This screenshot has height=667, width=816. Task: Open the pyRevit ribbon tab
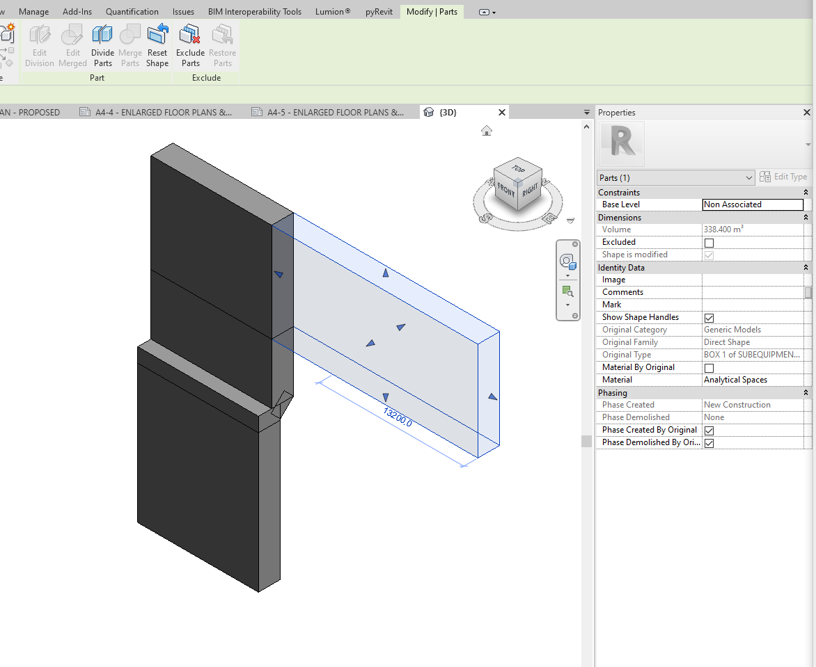pos(379,12)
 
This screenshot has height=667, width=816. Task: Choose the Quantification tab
pos(132,12)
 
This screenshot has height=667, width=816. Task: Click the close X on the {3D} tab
pos(502,112)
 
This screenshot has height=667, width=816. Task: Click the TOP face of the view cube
pos(518,169)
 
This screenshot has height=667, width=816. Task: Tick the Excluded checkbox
pos(709,243)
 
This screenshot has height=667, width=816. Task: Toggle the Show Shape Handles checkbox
pos(709,318)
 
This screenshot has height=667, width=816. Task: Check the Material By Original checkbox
pos(709,368)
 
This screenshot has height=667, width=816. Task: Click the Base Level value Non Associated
pos(752,204)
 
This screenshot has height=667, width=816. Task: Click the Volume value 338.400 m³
pos(724,230)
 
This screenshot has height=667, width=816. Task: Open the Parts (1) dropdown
pos(675,178)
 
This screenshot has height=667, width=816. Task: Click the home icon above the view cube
pos(487,131)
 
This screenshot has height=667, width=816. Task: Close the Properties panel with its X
pos(807,113)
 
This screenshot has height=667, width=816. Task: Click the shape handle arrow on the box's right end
pos(492,396)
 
